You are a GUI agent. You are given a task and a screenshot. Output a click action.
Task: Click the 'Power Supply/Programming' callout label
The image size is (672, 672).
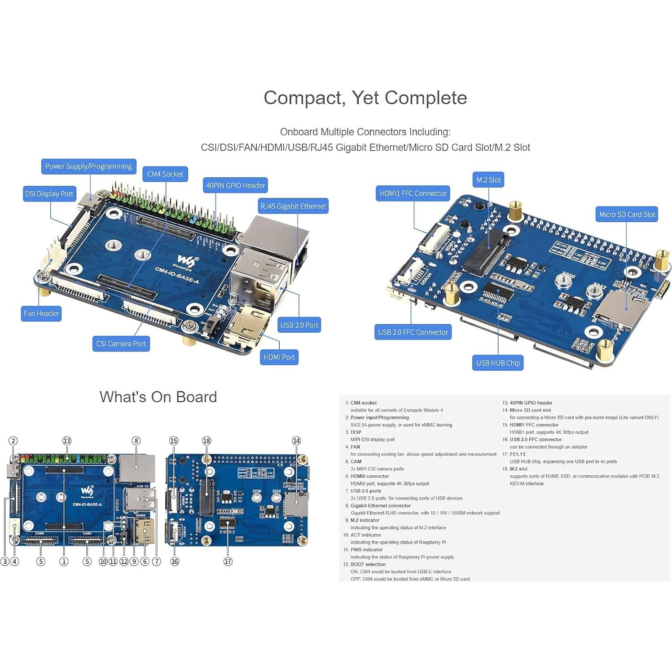coord(88,167)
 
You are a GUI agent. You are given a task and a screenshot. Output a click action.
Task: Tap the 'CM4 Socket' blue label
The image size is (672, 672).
coord(165,174)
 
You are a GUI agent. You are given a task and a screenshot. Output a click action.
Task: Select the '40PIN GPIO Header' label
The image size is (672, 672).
coord(235,185)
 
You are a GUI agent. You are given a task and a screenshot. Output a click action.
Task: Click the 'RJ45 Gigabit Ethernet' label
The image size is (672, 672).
coord(293,206)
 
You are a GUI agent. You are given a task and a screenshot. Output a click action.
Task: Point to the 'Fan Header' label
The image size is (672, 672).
coord(41,313)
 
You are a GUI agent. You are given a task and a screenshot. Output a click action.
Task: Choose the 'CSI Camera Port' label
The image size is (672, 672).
coord(121,344)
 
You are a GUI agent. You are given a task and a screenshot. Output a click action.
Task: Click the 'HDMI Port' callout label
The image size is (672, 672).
coord(279,357)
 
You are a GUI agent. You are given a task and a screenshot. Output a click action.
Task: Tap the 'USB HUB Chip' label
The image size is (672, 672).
coord(498,363)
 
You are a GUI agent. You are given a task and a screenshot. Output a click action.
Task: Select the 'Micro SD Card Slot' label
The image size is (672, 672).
coord(627,215)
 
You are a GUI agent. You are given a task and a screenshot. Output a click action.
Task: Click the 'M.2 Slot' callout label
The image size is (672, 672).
coord(488,180)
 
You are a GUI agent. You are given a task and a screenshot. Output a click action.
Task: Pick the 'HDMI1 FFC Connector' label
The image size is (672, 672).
coord(413,193)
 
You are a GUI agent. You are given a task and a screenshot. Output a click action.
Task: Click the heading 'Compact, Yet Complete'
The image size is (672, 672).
coord(365,98)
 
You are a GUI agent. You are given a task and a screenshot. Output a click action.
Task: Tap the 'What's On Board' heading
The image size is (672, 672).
coord(158,397)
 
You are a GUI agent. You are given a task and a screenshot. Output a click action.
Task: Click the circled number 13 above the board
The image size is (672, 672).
coord(67,441)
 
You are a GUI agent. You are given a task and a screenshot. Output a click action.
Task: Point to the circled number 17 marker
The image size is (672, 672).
coord(228,562)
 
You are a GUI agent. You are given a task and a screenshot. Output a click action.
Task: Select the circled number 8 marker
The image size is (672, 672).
coord(136,441)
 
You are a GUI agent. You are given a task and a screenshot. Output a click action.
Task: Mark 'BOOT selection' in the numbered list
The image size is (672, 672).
coord(368,564)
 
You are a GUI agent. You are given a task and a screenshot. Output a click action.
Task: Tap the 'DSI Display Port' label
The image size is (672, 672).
coord(49,194)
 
